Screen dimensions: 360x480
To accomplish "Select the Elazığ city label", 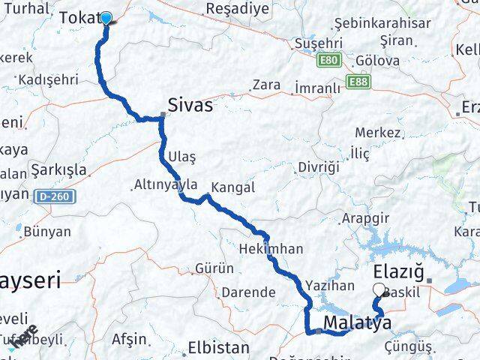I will [x=398, y=271].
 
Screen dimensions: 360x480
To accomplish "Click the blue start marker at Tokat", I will [x=106, y=19].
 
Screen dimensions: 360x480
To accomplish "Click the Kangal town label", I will [x=233, y=187].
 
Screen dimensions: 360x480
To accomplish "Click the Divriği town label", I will [x=318, y=166].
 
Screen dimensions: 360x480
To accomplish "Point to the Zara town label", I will [x=266, y=85].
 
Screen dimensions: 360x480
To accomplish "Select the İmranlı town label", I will [x=317, y=88].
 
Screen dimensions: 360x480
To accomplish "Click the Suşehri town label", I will [x=319, y=44].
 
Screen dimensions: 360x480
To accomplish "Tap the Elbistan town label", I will [x=218, y=348].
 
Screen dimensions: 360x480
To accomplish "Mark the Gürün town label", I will [x=209, y=268].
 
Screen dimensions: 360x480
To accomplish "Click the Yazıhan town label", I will [x=329, y=285].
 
